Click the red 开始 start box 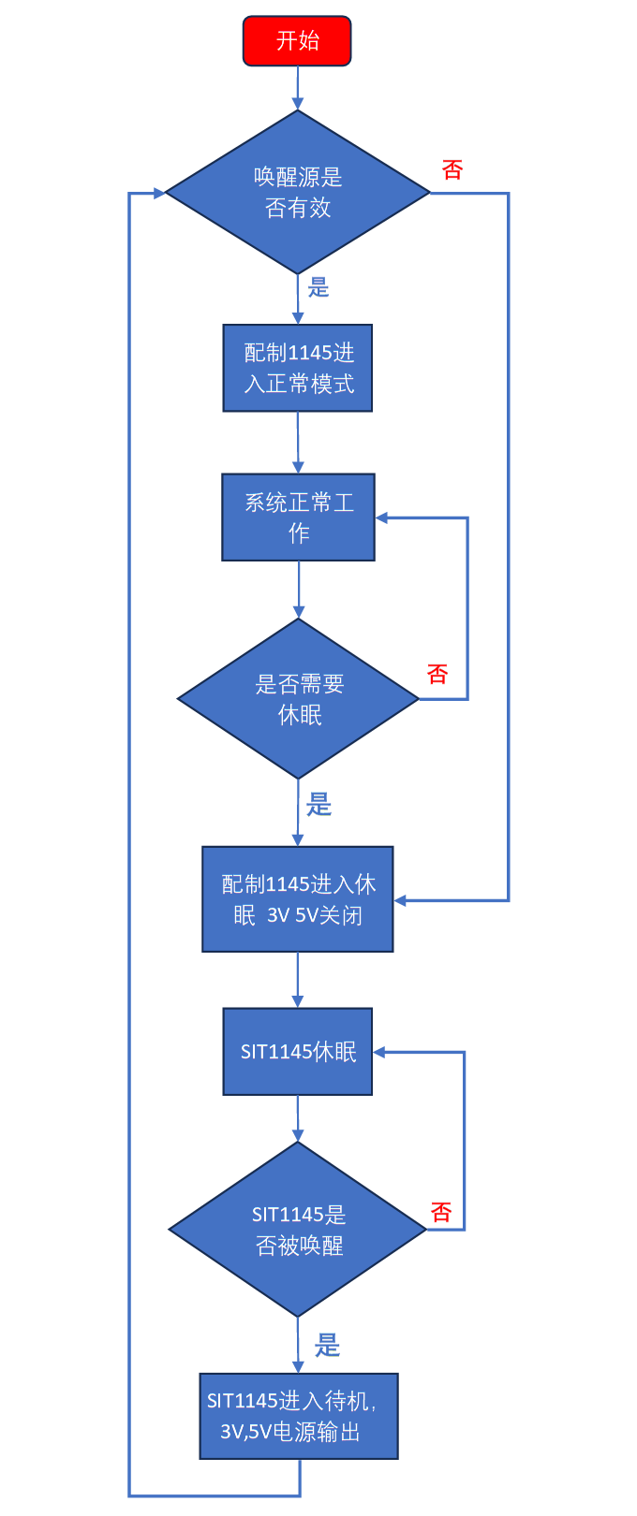[297, 41]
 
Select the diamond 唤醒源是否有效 [298, 192]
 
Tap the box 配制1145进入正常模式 [298, 368]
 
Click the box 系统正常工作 [298, 517]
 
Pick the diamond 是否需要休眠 [298, 698]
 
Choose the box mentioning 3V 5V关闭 [298, 899]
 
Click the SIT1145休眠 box [298, 1052]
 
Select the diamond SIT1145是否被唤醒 [298, 1229]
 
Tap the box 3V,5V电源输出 [298, 1416]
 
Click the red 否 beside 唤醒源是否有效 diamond [452, 170]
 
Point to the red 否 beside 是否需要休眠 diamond [437, 674]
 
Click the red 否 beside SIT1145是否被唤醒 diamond [441, 1213]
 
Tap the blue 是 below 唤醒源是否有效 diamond [319, 288]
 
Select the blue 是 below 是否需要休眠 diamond [319, 804]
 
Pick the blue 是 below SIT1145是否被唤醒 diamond [327, 1346]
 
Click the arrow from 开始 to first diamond [298, 89]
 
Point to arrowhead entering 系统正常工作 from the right [382, 517]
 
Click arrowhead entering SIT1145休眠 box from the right [379, 1052]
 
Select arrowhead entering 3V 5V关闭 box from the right [400, 900]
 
